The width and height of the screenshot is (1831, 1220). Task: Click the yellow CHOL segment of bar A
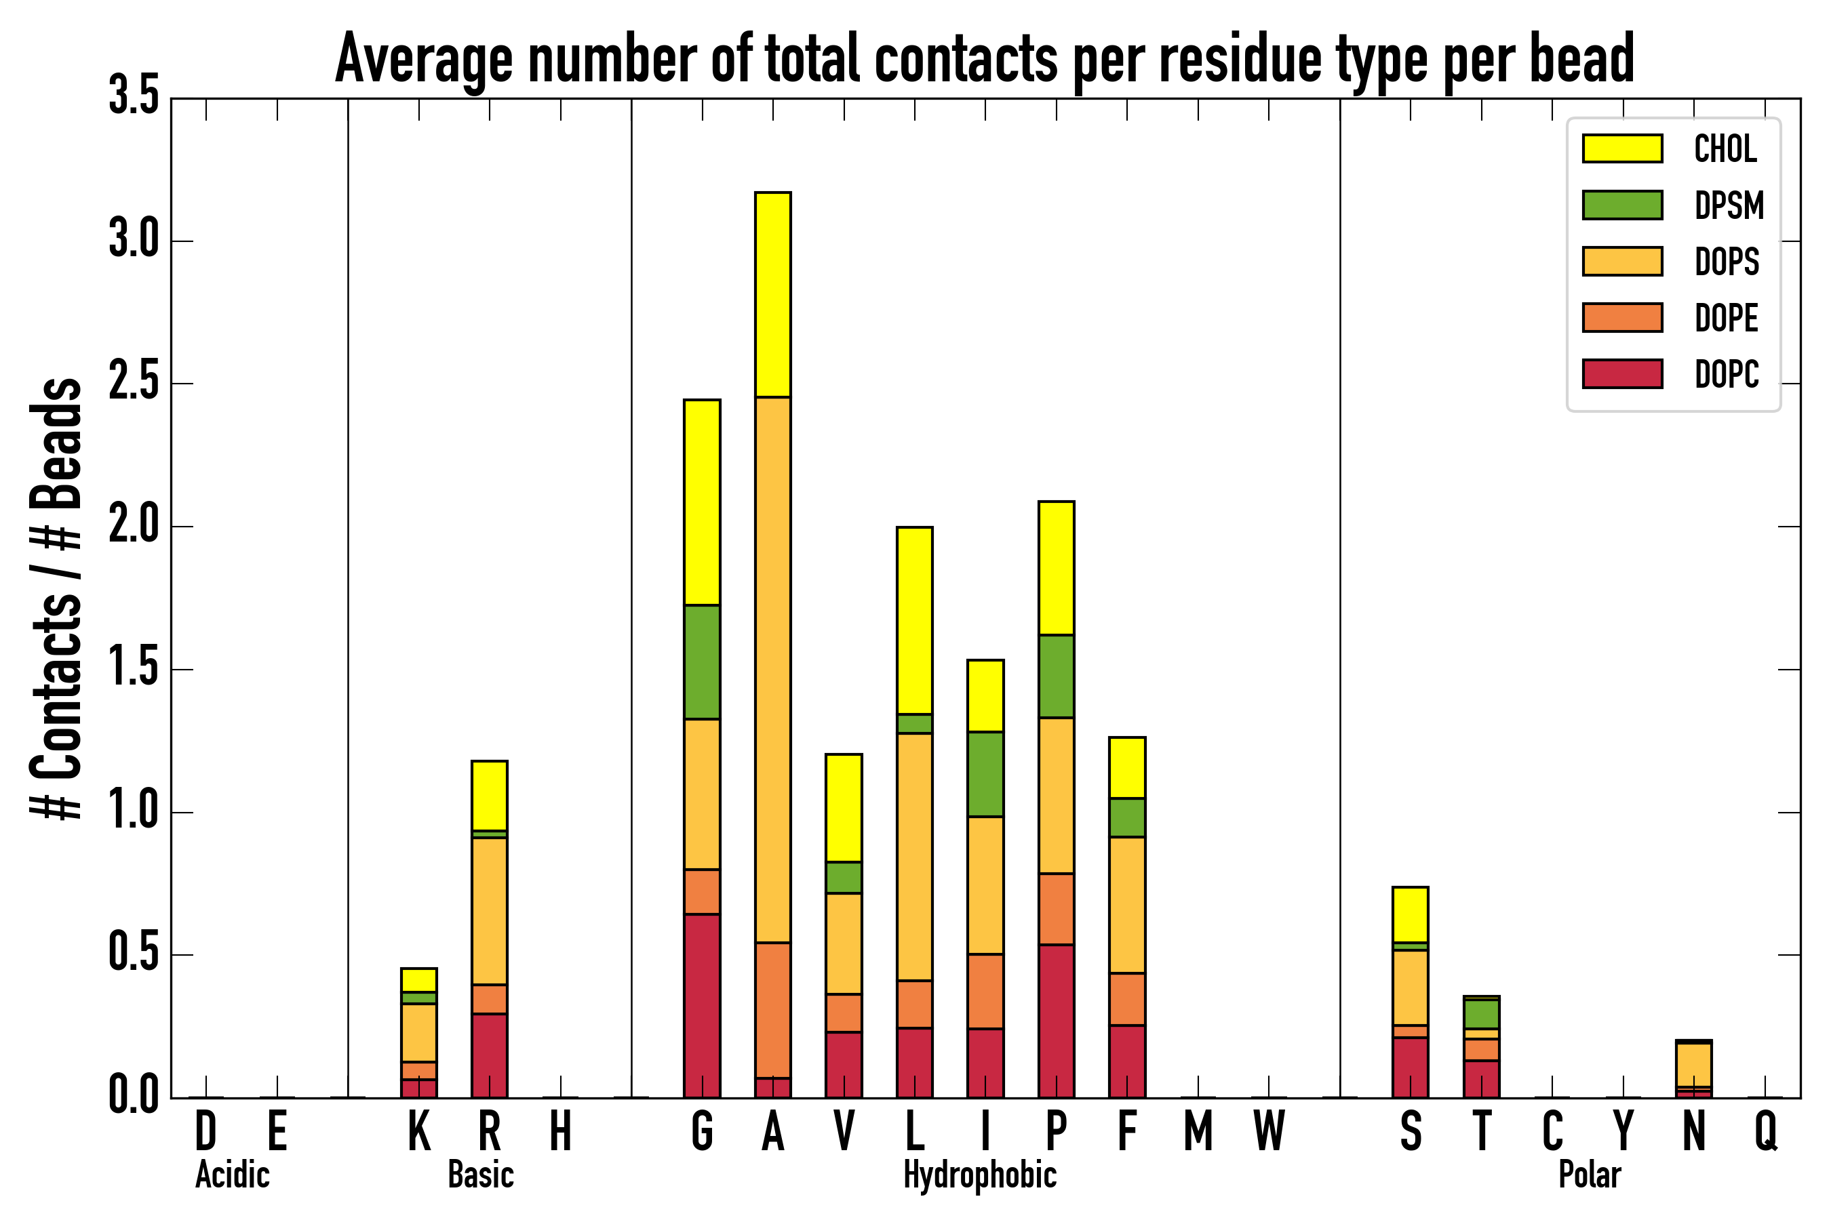point(772,294)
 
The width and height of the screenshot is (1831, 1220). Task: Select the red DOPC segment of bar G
point(701,1005)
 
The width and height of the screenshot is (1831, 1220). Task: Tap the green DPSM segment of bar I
point(985,774)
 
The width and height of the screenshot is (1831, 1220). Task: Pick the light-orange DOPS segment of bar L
point(914,856)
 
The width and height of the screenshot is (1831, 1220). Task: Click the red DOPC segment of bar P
point(1056,1021)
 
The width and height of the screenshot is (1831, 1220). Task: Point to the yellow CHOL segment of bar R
point(489,795)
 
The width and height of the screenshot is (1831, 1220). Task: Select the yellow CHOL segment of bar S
point(1410,914)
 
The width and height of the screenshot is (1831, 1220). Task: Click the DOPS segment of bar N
point(1693,1064)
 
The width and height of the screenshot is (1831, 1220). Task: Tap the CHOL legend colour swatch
point(1622,148)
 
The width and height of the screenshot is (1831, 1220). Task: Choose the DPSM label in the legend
point(1729,205)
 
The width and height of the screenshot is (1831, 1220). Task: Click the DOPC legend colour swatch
point(1622,373)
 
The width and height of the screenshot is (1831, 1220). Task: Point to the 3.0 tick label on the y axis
point(134,241)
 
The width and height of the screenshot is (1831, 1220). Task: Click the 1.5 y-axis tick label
point(134,669)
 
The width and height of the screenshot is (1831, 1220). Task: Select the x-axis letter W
point(1269,1131)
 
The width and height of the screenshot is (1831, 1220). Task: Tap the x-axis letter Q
point(1766,1131)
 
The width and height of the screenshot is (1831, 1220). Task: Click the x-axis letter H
point(561,1131)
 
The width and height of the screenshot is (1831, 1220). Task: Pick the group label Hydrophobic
point(980,1175)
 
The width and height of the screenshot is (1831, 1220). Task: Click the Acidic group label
point(232,1175)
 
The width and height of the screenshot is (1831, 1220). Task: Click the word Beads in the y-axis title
point(56,443)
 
